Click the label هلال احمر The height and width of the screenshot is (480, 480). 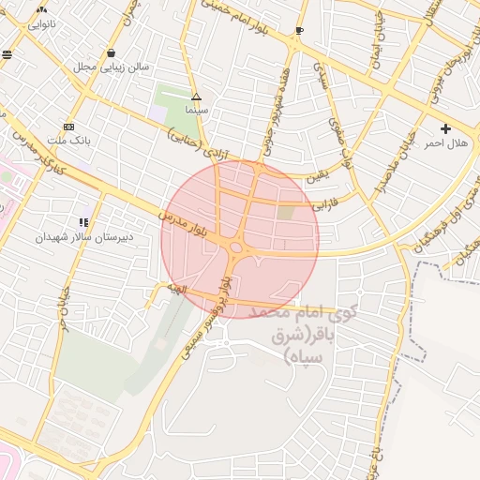point(445,143)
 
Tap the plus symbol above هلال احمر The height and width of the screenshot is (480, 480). point(445,128)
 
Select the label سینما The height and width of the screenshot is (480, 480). point(196,110)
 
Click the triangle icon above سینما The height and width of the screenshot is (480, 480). point(196,97)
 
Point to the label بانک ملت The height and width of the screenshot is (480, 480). point(68,141)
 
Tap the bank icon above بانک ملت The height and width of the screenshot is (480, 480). point(68,127)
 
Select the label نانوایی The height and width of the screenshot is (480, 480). point(41,22)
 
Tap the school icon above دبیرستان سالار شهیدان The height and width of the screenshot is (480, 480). point(84,223)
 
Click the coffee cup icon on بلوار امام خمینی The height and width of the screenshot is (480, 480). point(299,31)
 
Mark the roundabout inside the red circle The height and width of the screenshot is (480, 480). point(235,247)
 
